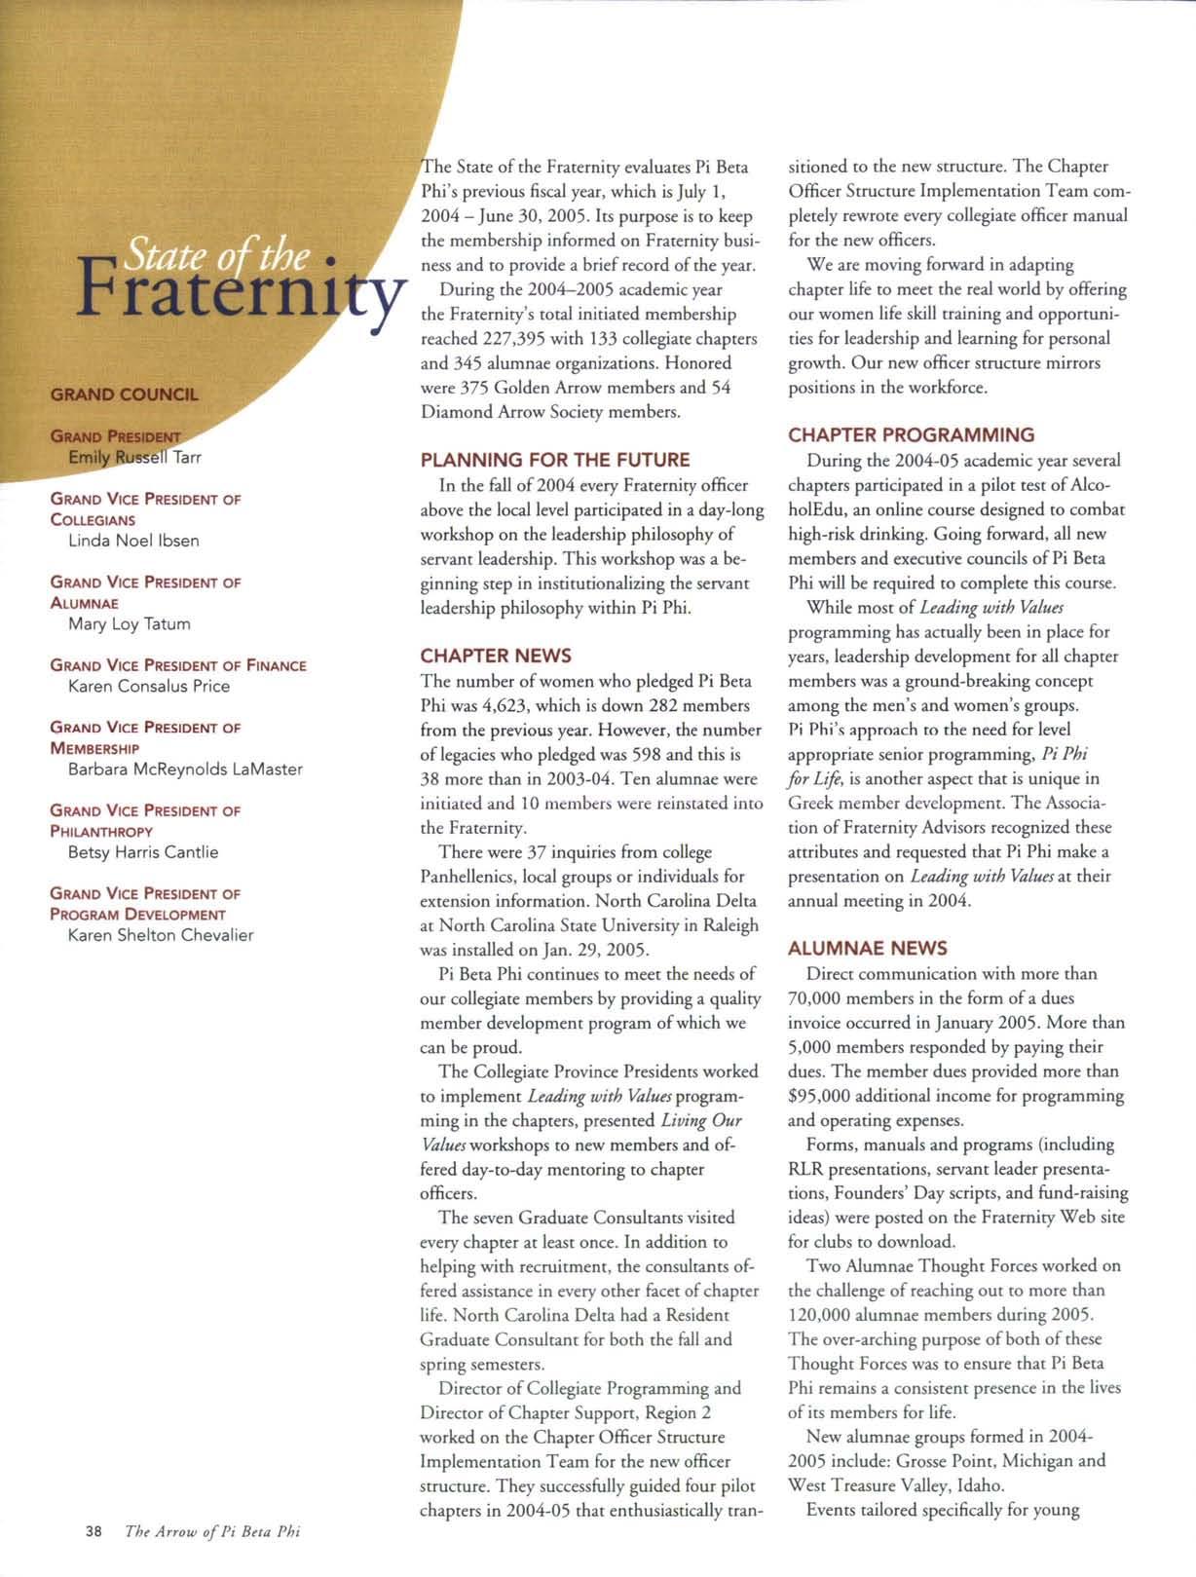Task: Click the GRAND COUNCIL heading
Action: pos(124,394)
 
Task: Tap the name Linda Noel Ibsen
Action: pos(133,541)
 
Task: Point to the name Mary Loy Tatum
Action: pos(130,623)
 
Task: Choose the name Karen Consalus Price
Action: pos(149,686)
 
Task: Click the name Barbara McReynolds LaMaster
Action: pos(185,769)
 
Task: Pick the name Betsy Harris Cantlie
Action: pos(143,851)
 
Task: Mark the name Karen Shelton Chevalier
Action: pos(161,935)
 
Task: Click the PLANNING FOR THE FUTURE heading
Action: pos(554,460)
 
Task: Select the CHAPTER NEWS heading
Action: pos(496,656)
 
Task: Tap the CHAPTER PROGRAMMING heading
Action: pos(911,435)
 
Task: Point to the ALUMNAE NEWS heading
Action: pos(867,948)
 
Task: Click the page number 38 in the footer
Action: pos(93,1531)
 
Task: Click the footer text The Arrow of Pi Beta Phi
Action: pos(212,1531)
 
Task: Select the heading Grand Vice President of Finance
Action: pos(178,665)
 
